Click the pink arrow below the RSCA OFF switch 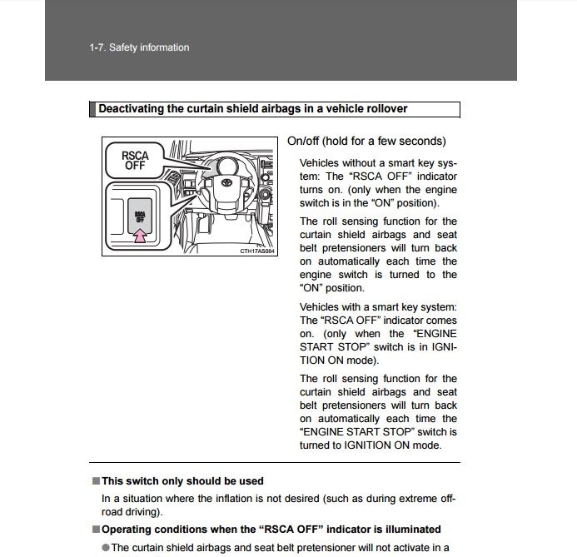(140, 236)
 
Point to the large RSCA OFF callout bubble (135, 159)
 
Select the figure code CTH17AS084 (256, 251)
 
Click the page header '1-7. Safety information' (139, 47)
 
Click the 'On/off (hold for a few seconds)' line (366, 142)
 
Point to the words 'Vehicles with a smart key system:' (378, 307)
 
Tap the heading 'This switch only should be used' (182, 481)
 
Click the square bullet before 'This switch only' (95, 481)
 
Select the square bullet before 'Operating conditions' (95, 530)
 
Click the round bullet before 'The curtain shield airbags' (106, 548)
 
